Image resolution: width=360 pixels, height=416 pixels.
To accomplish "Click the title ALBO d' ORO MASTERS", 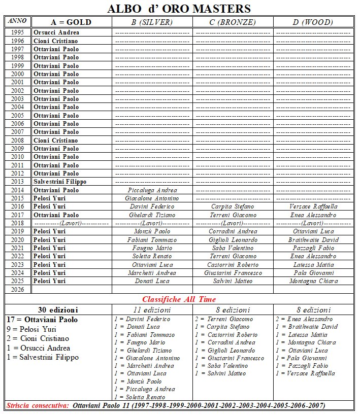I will pyautogui.click(x=179, y=9).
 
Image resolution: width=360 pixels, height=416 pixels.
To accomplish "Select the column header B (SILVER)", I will pyautogui.click(x=152, y=22).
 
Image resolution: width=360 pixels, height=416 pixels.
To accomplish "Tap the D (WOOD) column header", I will pyautogui.click(x=313, y=22).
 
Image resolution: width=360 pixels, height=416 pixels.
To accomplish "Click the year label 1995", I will pyautogui.click(x=17, y=32).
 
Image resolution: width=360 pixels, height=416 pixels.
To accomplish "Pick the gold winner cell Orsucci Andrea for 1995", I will pyautogui.click(x=56, y=32).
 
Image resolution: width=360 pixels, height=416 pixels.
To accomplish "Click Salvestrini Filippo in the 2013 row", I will pyautogui.click(x=60, y=182).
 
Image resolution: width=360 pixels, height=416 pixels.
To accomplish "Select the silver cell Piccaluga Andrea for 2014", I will pyautogui.click(x=152, y=190).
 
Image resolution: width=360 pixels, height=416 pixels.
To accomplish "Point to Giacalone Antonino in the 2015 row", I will pyautogui.click(x=152, y=198).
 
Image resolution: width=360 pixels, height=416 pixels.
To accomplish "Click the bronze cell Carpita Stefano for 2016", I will pyautogui.click(x=233, y=206).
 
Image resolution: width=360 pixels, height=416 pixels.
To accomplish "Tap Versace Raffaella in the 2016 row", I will pyautogui.click(x=313, y=206).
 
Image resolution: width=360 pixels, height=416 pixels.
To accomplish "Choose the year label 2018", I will pyautogui.click(x=17, y=223).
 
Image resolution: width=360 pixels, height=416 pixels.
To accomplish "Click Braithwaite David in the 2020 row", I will pyautogui.click(x=313, y=239).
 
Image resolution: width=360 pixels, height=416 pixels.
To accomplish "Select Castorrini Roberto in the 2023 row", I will pyautogui.click(x=233, y=264).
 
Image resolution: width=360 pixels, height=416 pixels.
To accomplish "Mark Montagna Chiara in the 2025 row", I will pyautogui.click(x=313, y=281).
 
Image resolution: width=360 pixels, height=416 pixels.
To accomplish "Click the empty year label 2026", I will pyautogui.click(x=17, y=289).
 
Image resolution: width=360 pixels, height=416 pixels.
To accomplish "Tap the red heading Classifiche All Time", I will pyautogui.click(x=179, y=299).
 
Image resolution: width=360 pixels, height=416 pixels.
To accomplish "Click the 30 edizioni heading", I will pyautogui.click(x=58, y=309).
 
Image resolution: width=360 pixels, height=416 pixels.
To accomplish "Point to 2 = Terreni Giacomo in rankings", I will pyautogui.click(x=224, y=319).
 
